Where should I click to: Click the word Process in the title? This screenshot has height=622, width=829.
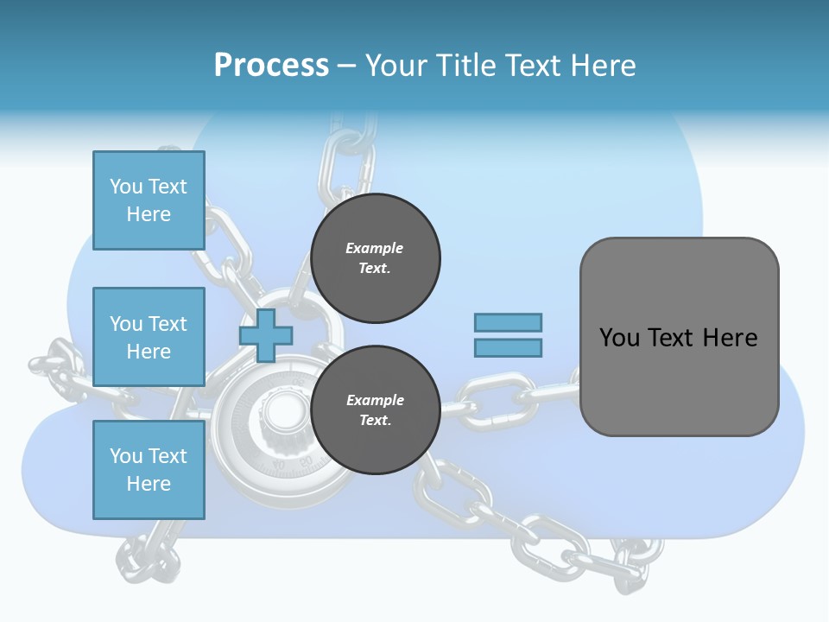271,66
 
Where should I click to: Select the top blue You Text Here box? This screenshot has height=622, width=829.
149,200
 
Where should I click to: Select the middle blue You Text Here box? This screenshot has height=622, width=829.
149,337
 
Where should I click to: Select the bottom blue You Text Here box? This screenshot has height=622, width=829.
149,470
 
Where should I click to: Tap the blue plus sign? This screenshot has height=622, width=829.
266,335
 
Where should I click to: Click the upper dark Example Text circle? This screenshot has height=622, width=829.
376,258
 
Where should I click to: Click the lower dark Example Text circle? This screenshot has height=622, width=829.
376,410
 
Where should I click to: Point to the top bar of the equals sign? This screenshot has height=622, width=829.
508,322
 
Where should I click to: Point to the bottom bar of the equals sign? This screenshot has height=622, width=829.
508,347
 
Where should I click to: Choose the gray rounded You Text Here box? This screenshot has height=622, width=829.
679,337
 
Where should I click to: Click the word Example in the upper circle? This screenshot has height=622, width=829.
374,248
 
